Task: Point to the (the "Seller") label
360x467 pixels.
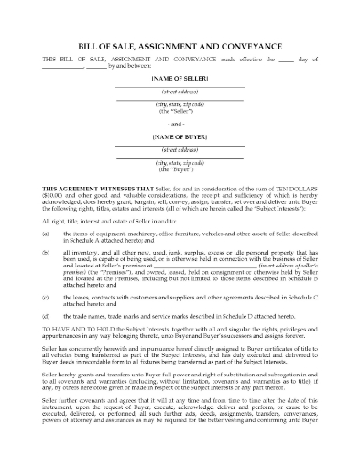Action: click(180, 115)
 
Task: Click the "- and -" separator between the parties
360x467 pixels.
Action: click(180, 124)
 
